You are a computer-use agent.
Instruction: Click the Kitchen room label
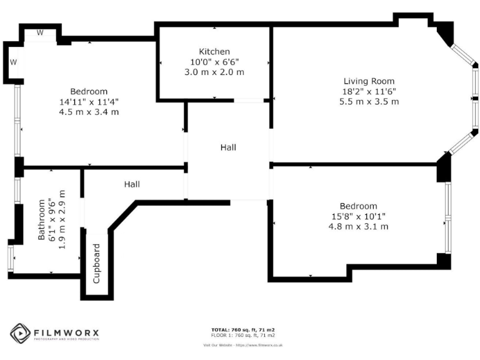point(214,51)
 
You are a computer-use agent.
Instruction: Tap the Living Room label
point(369,81)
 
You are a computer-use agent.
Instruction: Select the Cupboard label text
point(97,264)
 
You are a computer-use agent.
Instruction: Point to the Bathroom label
point(42,220)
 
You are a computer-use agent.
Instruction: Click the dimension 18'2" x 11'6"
point(369,91)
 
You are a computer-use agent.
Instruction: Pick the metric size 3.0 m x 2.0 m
point(214,72)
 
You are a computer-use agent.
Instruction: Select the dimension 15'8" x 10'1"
point(358,216)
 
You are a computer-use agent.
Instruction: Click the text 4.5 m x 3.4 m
point(89,111)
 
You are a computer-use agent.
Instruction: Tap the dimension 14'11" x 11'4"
point(89,101)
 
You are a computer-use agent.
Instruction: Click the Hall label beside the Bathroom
point(131,184)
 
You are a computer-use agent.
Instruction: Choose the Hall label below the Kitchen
point(228,147)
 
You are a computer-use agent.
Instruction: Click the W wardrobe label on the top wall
point(39,32)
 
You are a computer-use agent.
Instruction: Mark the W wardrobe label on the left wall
point(12,62)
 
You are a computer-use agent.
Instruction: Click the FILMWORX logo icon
point(20,333)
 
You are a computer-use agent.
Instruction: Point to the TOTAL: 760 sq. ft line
point(244,329)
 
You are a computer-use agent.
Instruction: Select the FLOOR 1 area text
point(244,334)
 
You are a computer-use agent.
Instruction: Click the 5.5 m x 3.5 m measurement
point(369,101)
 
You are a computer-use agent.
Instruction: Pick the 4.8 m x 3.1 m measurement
point(358,226)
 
